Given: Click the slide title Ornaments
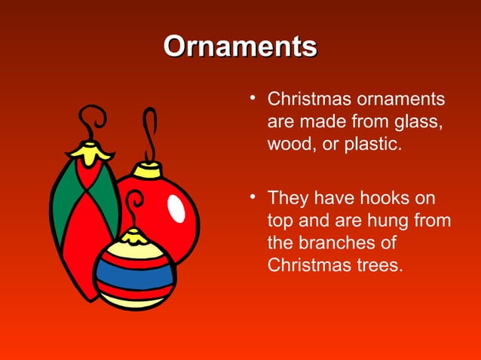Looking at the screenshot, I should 240,46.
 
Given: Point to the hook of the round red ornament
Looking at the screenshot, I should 151,136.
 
